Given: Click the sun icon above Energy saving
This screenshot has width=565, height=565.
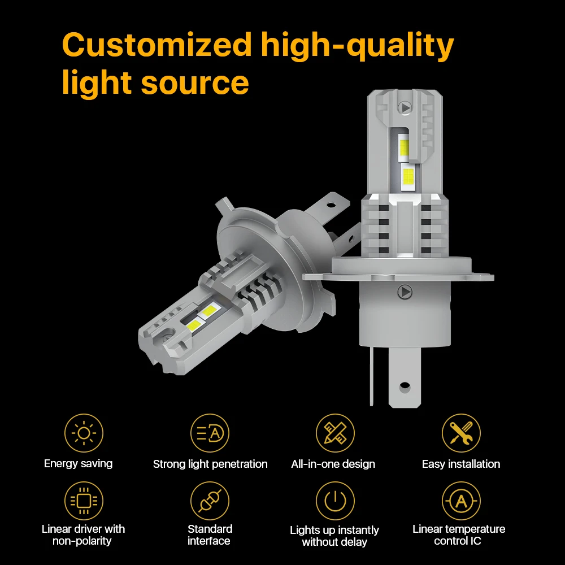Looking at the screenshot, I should click(x=84, y=433).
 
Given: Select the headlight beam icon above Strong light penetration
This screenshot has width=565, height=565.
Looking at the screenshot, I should click(x=210, y=433).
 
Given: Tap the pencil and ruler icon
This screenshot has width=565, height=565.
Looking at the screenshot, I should click(x=335, y=433).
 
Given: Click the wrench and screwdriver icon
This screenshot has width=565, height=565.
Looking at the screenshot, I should click(x=461, y=433).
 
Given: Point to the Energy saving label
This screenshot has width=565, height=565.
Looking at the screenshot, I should click(x=78, y=464).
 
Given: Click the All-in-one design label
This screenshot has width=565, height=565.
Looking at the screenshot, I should click(x=333, y=464).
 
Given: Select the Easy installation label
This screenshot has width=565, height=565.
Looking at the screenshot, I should click(x=461, y=464).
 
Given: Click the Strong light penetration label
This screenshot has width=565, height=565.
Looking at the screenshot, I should click(x=210, y=464).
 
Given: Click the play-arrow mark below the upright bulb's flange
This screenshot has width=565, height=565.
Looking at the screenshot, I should click(x=405, y=292).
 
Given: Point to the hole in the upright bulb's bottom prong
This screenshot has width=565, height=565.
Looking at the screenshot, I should click(x=405, y=388).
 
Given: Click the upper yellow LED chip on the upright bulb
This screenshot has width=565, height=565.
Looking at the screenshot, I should click(x=405, y=147).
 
